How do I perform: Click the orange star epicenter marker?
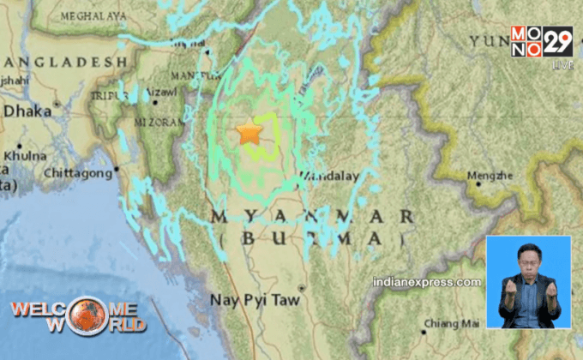point(249,133)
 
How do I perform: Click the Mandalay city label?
point(328,176)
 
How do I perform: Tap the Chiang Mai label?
point(454,323)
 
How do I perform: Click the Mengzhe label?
point(490,177)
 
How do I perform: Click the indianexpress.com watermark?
point(427,282)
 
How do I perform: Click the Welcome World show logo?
point(77,315)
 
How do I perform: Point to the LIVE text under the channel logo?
point(562,64)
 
